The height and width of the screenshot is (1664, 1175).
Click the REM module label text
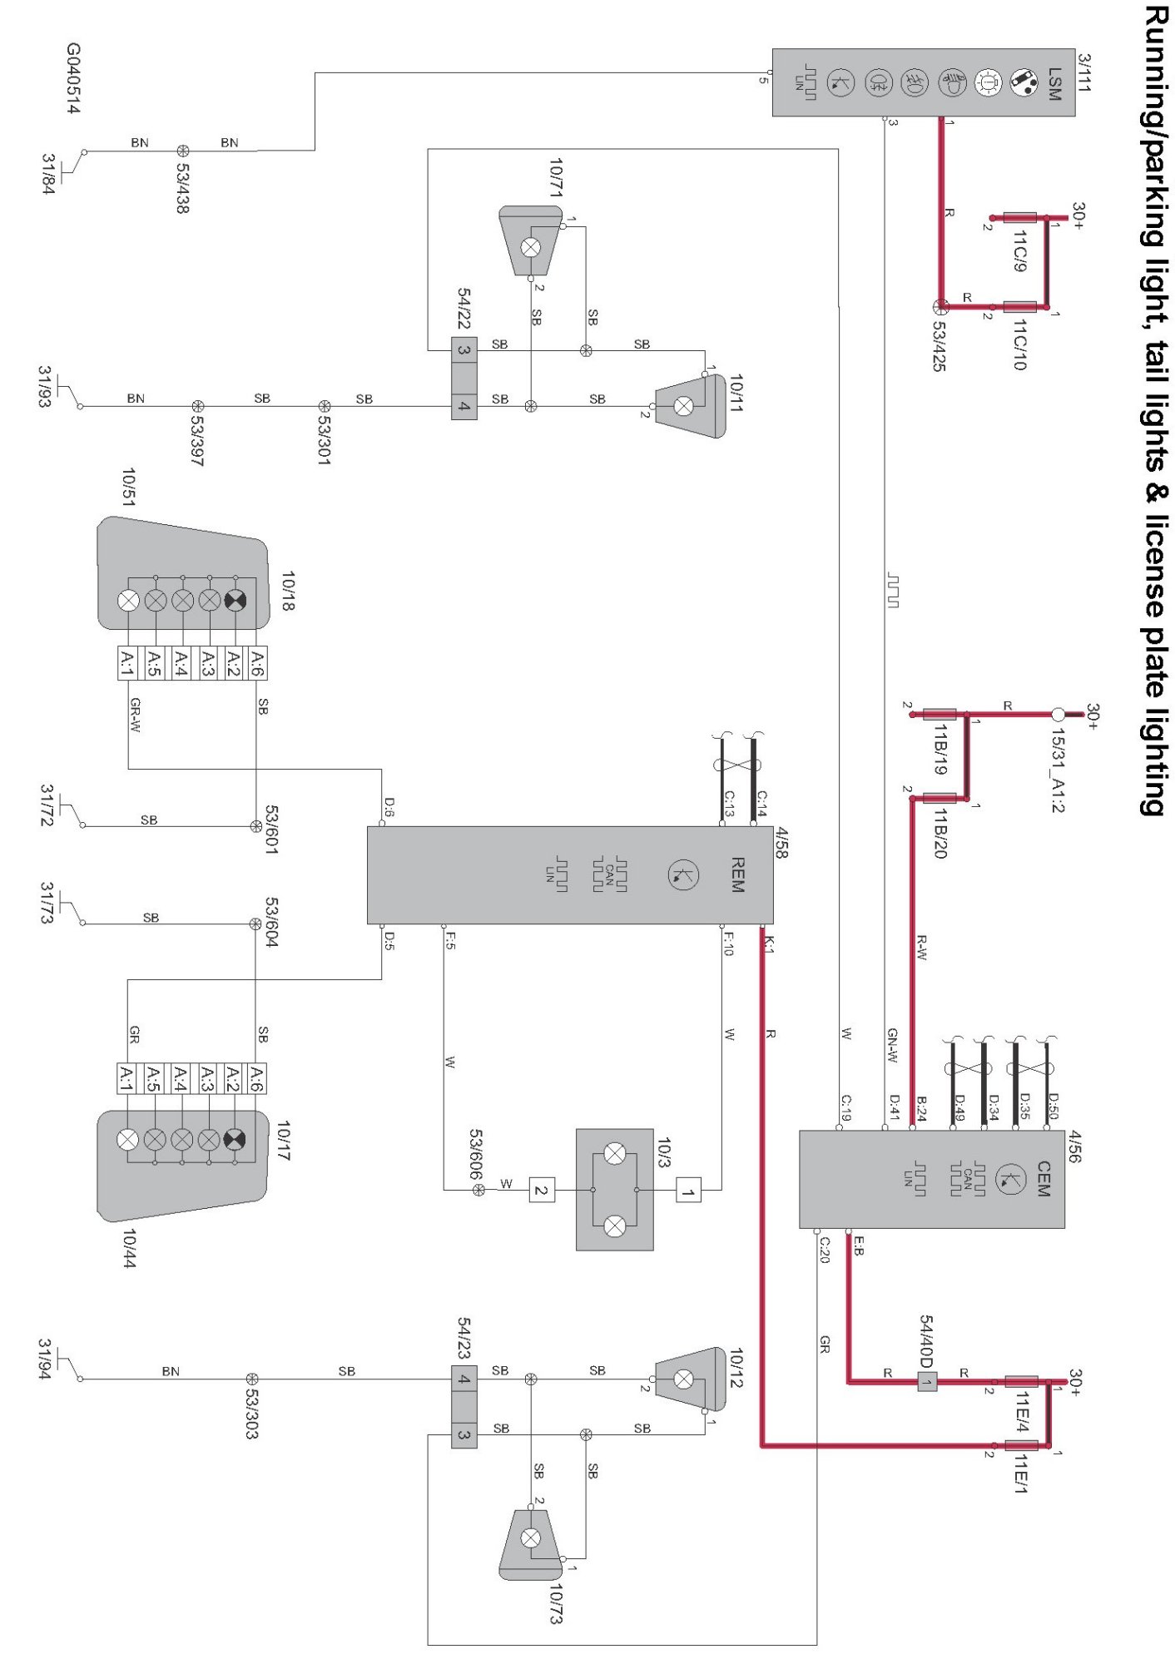coord(736,875)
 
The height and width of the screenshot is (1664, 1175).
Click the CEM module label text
coord(1044,1180)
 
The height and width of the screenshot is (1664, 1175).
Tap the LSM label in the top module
coord(1054,84)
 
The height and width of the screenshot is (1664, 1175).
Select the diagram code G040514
coord(73,79)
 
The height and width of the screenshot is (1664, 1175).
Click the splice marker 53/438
coord(183,151)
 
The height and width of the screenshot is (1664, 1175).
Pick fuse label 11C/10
coord(1019,344)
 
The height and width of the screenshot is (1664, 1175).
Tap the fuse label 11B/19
coord(939,749)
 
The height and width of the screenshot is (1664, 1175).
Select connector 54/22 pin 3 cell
coord(464,350)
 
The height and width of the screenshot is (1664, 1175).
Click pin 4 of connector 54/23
coord(464,1379)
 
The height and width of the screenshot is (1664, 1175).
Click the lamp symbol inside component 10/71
coord(530,247)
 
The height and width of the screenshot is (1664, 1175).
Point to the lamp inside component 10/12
coord(683,1379)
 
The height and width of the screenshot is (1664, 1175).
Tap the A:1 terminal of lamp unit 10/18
coord(127,663)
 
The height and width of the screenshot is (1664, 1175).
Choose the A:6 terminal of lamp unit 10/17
coord(256,1077)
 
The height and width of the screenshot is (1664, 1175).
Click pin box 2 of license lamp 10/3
coord(542,1191)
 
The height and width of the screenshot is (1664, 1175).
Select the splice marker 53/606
coord(478,1191)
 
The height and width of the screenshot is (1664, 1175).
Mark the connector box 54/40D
coord(927,1382)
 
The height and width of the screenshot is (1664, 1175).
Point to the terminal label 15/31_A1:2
coord(1058,770)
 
